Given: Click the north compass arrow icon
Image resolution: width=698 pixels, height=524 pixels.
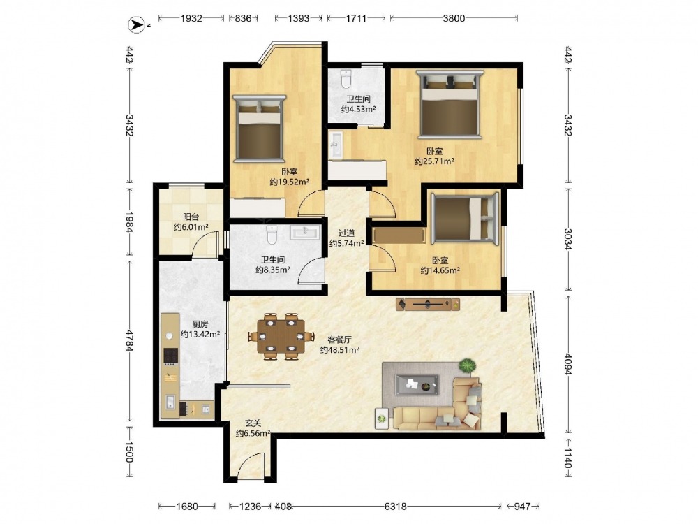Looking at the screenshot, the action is pos(136,25).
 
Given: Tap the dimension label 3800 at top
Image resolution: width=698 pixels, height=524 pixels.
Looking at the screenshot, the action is pos(454,18).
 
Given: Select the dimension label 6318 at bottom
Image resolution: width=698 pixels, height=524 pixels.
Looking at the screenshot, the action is pos(395,506).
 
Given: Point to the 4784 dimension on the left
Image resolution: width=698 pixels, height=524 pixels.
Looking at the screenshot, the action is pos(128,340).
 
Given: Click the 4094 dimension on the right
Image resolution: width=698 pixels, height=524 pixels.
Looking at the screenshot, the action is pos(568,364).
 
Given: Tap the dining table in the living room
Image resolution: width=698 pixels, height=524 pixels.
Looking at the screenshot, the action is pos(281,337).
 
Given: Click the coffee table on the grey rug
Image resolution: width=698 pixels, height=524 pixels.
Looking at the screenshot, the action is pos(417,384).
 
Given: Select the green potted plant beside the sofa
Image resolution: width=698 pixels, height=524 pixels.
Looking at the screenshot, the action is pos(467,366).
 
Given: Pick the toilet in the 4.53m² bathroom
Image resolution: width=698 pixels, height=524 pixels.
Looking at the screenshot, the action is pos(346,79).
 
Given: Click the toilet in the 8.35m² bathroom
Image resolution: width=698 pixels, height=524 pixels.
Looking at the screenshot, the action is pos(272,235).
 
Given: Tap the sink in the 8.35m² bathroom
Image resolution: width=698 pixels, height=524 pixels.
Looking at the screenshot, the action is pos(305,232).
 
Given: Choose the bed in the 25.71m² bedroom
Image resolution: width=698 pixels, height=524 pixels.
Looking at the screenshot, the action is pos(450,104).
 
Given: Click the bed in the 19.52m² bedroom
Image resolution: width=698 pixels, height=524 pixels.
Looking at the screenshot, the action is pos(260,128).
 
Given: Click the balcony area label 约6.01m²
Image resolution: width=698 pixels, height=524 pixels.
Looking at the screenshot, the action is pos(191,227).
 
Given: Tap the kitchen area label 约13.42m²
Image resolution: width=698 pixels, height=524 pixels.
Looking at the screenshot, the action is pos(200,334).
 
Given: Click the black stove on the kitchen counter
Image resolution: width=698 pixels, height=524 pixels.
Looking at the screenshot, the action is pos(171,356).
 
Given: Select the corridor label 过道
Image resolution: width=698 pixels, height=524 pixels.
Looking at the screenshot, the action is pos(347,233).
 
